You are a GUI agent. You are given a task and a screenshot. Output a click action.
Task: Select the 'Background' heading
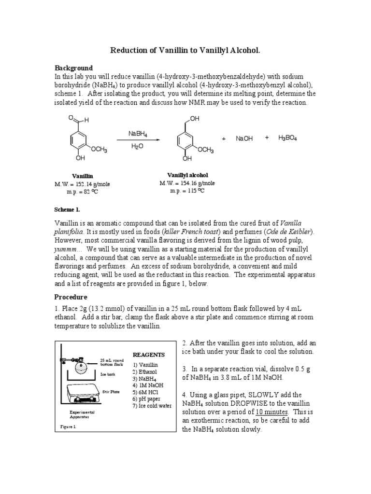coord(73,68)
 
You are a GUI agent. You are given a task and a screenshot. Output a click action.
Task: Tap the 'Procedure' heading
coord(71,297)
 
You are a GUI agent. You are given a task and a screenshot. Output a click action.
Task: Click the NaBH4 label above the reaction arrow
coord(137,133)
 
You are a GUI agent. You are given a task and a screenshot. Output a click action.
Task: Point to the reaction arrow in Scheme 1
coord(137,140)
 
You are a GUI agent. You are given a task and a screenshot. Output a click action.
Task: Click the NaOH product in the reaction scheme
coord(244,138)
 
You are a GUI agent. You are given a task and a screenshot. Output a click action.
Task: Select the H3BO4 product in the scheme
coord(287,138)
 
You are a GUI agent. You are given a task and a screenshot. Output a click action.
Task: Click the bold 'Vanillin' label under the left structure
coord(83,177)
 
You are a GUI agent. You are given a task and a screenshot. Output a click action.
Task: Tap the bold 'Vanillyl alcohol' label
coord(187,175)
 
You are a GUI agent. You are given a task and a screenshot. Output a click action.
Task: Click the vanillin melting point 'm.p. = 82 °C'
coord(83,192)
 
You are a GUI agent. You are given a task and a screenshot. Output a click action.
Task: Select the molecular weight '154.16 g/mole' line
coord(187,183)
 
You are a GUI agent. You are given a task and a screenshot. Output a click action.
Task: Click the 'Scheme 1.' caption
coord(67,210)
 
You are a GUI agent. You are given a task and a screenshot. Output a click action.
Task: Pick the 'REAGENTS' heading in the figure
coord(148,355)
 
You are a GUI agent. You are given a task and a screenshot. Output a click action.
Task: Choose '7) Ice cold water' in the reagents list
coord(152,406)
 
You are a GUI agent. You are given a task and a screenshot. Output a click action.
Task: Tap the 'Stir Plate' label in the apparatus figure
coord(111,392)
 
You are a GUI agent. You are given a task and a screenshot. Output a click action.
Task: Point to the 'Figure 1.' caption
coord(68,427)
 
